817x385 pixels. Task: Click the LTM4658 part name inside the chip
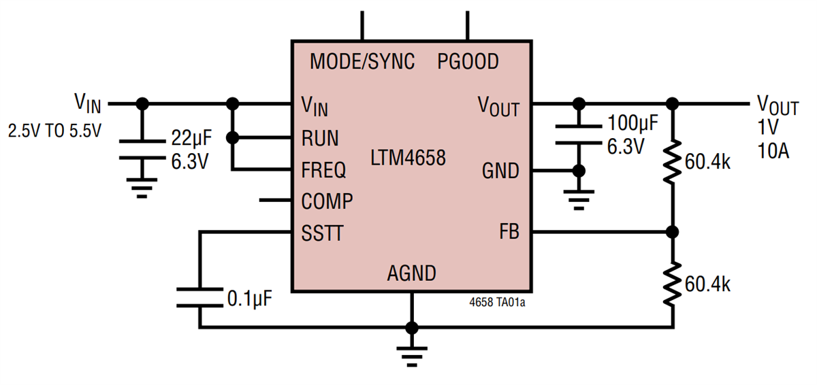point(408,158)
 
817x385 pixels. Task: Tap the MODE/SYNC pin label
point(362,62)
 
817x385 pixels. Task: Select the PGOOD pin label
point(468,62)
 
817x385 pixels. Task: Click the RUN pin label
point(320,138)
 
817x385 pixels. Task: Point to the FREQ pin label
point(323,169)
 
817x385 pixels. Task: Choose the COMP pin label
point(327,201)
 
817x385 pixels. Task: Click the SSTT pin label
point(322,234)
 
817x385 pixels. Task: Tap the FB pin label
point(509,232)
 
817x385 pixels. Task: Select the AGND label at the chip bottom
point(411,273)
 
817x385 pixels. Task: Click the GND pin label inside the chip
point(500,171)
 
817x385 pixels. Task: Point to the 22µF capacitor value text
point(191,139)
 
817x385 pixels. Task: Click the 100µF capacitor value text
point(632,124)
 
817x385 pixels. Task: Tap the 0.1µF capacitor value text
point(249,299)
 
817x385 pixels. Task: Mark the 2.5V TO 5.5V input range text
point(54,131)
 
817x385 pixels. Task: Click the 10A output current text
point(773,151)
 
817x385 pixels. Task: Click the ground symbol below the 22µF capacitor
point(142,187)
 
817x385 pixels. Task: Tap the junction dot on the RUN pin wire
point(232,137)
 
